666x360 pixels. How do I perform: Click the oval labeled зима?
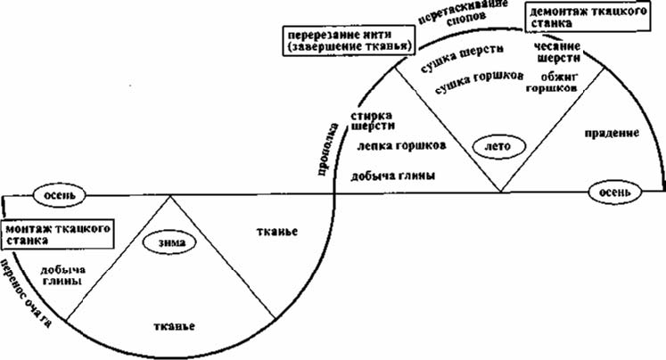[x=168, y=240]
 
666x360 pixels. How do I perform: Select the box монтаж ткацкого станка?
[x=58, y=233]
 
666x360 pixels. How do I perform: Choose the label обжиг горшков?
[x=553, y=82]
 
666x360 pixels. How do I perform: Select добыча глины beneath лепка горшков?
[x=394, y=176]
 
